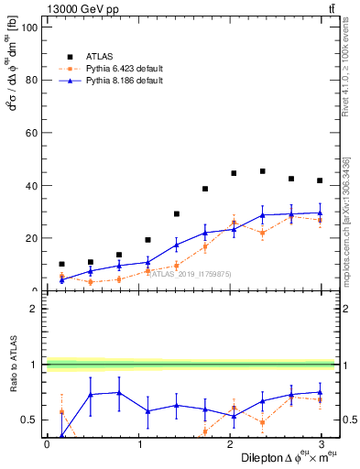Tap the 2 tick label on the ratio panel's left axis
32,309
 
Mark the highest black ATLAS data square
263,171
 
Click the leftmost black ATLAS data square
61,264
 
